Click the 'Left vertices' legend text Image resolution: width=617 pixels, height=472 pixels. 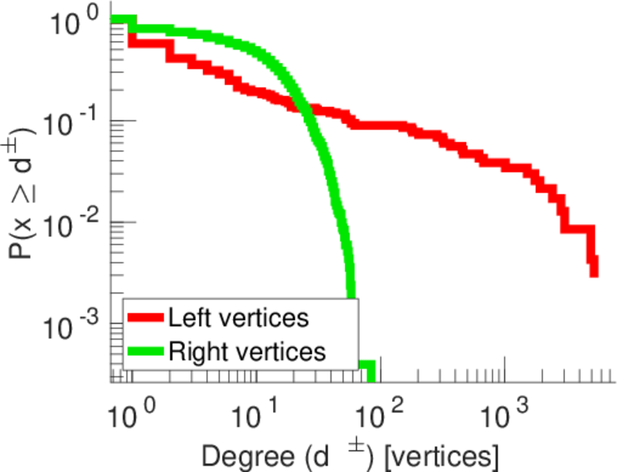238,319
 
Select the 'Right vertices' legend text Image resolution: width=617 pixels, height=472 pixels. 246,351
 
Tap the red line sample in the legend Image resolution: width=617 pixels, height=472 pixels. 146,319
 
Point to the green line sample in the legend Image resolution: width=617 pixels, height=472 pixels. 146,352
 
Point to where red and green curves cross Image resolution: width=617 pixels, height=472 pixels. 305,109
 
